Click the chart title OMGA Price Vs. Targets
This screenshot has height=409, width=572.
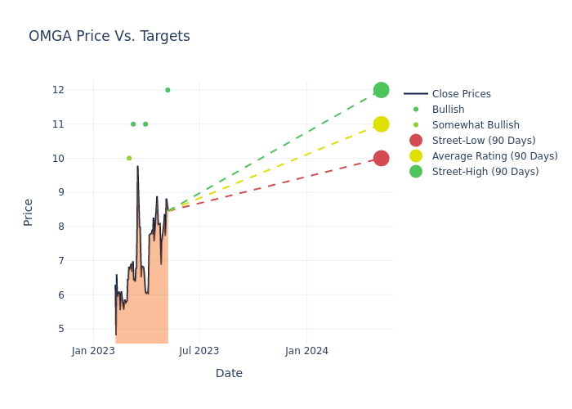click(109, 36)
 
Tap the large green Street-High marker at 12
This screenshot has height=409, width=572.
click(381, 90)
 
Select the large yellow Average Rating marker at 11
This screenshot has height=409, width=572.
click(381, 124)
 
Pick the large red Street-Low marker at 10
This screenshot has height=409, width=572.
click(381, 158)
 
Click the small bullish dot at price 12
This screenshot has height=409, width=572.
click(168, 90)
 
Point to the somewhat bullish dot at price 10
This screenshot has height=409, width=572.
click(129, 158)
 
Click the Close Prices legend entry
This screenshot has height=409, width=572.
click(461, 94)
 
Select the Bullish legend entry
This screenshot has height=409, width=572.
click(448, 110)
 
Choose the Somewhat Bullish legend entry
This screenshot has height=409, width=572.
click(476, 125)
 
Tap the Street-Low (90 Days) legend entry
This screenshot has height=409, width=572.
click(484, 141)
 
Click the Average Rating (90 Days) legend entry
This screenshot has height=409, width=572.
click(494, 156)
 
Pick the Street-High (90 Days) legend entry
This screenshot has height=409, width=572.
click(485, 172)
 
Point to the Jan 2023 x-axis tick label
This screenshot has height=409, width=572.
click(93, 351)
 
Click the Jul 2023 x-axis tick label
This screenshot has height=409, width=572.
click(199, 351)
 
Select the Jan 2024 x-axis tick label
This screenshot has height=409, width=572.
click(306, 351)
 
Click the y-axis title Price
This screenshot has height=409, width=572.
click(29, 212)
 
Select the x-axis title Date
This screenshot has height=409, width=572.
click(229, 374)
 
